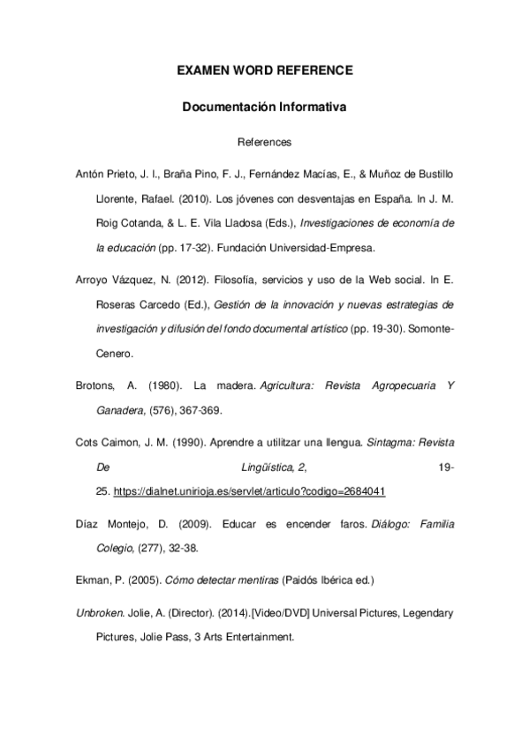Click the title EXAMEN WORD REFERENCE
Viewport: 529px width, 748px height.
point(264,69)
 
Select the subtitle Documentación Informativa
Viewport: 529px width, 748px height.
point(264,108)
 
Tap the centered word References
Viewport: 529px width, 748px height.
point(264,141)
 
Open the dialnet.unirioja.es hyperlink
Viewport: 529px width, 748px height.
point(250,491)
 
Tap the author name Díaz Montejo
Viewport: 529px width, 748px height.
point(116,524)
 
